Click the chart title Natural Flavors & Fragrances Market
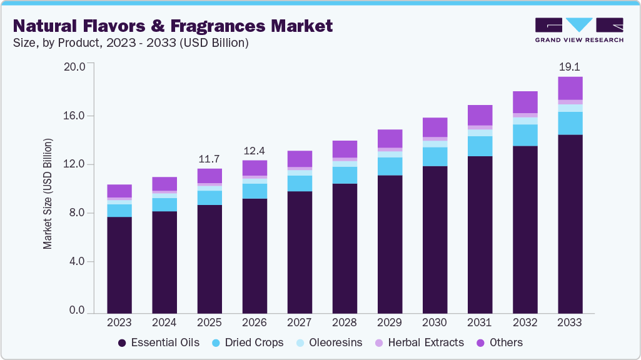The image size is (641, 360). [x=173, y=26]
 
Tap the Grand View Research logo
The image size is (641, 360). [x=579, y=30]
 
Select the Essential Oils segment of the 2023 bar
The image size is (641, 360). [x=119, y=264]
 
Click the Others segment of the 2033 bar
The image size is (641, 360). [x=570, y=88]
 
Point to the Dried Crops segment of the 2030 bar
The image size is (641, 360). [x=435, y=157]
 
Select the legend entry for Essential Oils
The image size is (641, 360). [x=159, y=342]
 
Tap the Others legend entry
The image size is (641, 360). [x=500, y=342]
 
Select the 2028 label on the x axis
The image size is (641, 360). [x=345, y=322]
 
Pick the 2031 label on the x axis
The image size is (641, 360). [x=480, y=322]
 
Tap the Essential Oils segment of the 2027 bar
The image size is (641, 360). [x=300, y=252]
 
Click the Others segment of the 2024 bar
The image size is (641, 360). [x=164, y=184]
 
